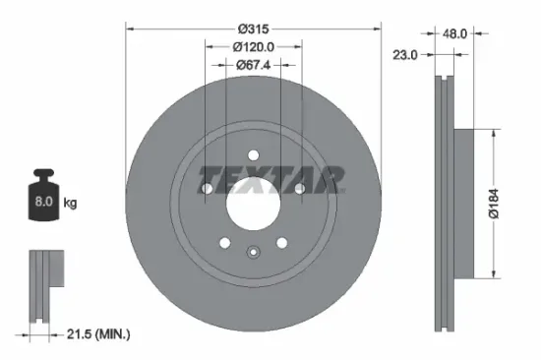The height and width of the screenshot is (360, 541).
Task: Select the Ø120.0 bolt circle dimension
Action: coord(253,46)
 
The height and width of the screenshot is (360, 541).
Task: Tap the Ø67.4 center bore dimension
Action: coord(253,65)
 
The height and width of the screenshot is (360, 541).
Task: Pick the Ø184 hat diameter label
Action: coord(503,203)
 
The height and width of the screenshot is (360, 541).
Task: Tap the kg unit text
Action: coord(70,203)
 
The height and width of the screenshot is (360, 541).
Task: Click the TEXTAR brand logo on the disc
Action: coord(272,179)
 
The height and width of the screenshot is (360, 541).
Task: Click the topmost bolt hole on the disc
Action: coord(253,154)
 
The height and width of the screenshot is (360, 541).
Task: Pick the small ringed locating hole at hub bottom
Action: coord(253,251)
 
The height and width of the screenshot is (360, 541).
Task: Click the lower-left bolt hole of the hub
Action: coord(225,242)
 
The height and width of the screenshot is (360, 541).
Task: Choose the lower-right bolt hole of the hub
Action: coord(281,242)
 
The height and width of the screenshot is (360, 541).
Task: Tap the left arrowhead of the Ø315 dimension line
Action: coord(129,29)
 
